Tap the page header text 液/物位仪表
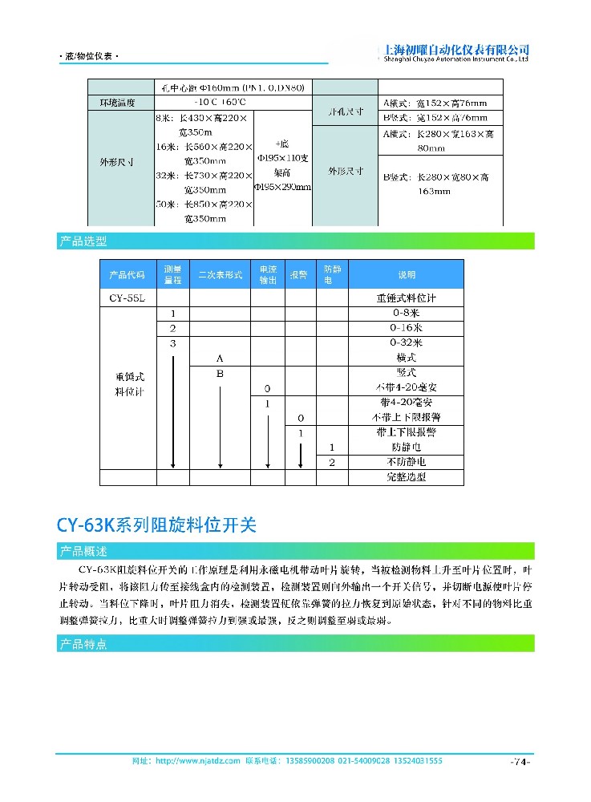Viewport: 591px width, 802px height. click(89, 58)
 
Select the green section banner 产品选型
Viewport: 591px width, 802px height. click(83, 241)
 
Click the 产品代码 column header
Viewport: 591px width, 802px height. click(127, 275)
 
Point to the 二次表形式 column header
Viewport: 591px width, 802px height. click(220, 275)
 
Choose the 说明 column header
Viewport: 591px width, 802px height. click(407, 275)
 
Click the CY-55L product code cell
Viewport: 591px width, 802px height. click(127, 298)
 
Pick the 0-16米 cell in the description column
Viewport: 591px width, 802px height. click(407, 329)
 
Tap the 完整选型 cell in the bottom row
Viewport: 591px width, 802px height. click(407, 477)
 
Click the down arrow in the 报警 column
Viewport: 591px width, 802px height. click(300, 453)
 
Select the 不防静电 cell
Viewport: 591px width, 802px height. click(407, 463)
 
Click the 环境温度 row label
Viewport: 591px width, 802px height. click(117, 103)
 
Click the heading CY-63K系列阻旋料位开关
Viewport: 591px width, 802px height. click(156, 525)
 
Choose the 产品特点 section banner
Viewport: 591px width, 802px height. click(83, 644)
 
